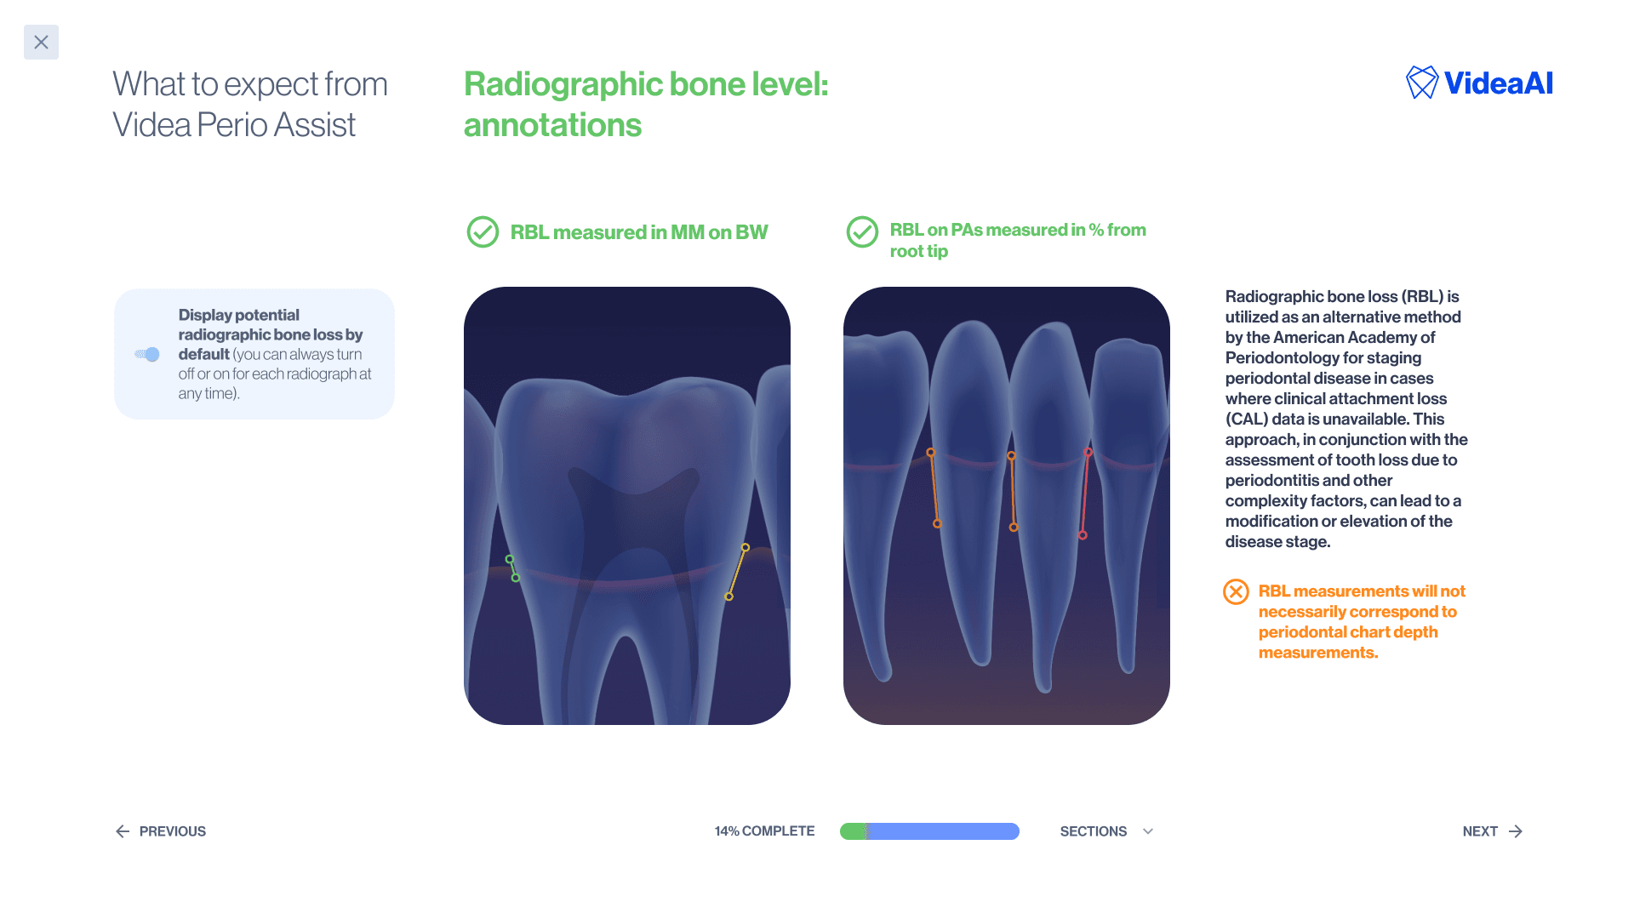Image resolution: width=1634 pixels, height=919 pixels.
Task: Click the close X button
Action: (x=41, y=42)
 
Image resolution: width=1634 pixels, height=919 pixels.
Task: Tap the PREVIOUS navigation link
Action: (x=161, y=831)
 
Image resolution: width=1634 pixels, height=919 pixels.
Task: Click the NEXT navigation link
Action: (x=1492, y=831)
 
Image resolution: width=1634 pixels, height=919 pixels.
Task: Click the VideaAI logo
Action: (x=1479, y=83)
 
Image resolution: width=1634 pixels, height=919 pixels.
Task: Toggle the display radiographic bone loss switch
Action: (x=148, y=354)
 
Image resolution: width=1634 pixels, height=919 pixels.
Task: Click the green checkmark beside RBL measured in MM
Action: (x=483, y=231)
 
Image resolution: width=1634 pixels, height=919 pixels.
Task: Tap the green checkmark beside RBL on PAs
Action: (x=862, y=231)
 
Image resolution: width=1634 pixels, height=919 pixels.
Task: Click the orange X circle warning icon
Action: (x=1236, y=591)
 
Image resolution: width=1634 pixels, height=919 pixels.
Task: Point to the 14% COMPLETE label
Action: (x=764, y=831)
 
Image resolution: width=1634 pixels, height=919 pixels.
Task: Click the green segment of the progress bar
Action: (x=852, y=831)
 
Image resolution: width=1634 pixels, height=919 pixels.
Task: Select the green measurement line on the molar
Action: (x=512, y=568)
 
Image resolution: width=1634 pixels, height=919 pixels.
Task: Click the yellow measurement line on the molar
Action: (x=737, y=572)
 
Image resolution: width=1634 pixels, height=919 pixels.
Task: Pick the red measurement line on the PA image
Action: (x=1085, y=494)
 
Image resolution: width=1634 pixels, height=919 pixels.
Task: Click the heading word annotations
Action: (x=552, y=125)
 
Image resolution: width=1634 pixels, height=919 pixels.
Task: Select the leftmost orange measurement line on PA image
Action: (x=934, y=488)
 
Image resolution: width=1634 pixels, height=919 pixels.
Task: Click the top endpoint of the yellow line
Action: (x=746, y=547)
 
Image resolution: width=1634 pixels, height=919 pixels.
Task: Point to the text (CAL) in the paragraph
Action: (x=1246, y=419)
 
